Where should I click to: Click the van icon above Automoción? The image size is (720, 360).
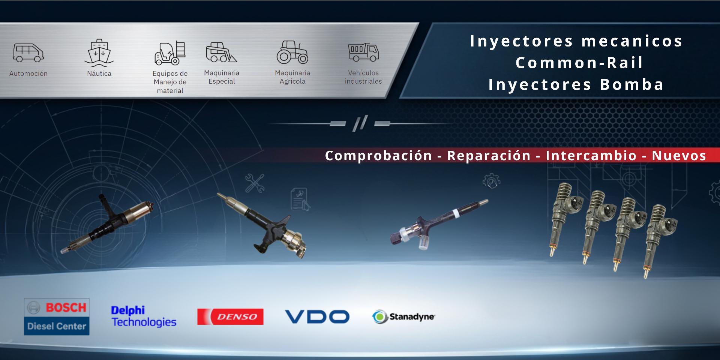[x=28, y=53]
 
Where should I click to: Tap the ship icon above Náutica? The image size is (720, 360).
[x=99, y=52]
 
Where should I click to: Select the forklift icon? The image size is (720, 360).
[x=170, y=53]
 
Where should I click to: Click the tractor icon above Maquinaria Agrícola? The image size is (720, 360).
[x=292, y=52]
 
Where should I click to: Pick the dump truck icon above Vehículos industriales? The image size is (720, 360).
[x=363, y=52]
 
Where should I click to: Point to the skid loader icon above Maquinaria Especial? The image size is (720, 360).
[x=221, y=52]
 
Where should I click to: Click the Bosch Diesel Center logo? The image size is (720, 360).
[x=57, y=317]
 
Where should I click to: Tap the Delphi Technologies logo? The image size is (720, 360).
[x=144, y=316]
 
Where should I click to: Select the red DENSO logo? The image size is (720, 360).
[x=230, y=317]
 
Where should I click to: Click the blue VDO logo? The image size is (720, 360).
[x=317, y=316]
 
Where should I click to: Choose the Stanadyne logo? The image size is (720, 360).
[x=403, y=317]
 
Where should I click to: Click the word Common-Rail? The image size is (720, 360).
[x=579, y=63]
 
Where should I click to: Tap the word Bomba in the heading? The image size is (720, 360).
[x=632, y=84]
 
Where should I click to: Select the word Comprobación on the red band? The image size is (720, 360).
[x=378, y=156]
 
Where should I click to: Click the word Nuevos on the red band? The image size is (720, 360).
[x=679, y=156]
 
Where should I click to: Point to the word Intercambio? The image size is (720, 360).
[x=591, y=156]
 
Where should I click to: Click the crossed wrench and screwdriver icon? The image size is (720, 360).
[x=255, y=183]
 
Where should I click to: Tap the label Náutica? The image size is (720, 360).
[x=99, y=73]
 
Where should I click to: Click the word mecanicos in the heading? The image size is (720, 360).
[x=632, y=41]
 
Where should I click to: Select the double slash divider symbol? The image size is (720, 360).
[x=360, y=123]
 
